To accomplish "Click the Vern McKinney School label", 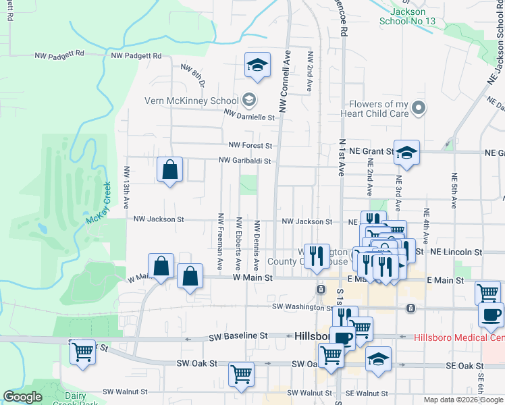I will pyautogui.click(x=191, y=101).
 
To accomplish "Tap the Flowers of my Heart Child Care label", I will pyautogui.click(x=379, y=109).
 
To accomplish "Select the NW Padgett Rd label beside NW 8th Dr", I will pyautogui.click(x=138, y=55).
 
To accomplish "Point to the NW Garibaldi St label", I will pyautogui.click(x=244, y=161).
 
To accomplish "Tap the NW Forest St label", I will pyautogui.click(x=250, y=145).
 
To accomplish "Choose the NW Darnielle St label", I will pyautogui.click(x=250, y=117).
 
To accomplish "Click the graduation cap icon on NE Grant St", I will pyautogui.click(x=406, y=153).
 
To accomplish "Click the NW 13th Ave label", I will pyautogui.click(x=126, y=186).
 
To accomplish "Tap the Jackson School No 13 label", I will pyautogui.click(x=408, y=16).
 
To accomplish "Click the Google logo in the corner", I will pyautogui.click(x=22, y=397).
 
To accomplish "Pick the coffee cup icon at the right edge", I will pyautogui.click(x=491, y=315).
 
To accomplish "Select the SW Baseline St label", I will pyautogui.click(x=239, y=335).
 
